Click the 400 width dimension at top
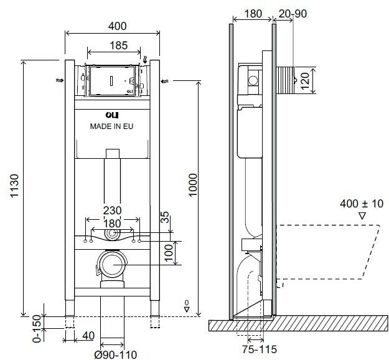117,26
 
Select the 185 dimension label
119,45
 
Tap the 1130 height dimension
14,186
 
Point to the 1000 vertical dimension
193,185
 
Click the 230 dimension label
113,211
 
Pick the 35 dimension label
164,217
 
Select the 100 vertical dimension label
169,253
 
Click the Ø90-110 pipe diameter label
116,354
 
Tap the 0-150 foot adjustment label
37,328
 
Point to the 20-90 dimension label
293,14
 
